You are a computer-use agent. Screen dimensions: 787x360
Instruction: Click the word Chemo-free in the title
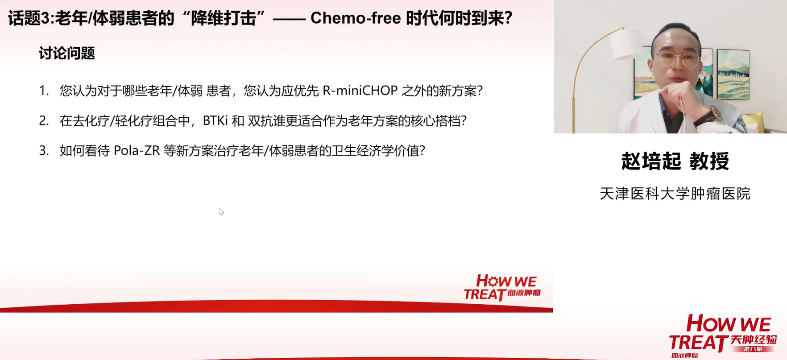tap(355, 18)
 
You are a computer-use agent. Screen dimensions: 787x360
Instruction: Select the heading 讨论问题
tap(67, 53)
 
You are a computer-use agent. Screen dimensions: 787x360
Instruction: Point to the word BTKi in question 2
tap(215, 120)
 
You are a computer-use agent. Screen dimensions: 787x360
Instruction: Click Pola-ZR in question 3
tap(137, 150)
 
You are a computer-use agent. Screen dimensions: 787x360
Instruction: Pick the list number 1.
tap(43, 91)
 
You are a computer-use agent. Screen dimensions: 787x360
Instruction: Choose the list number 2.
tap(43, 120)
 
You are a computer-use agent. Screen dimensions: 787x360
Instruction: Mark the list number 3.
tap(43, 150)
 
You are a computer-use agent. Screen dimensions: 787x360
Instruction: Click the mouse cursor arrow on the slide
tap(221, 211)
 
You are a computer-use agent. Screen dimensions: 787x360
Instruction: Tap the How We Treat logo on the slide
tap(502, 287)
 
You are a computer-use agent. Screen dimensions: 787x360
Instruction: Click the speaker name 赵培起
tap(651, 161)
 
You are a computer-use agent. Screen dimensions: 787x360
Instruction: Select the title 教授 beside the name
tap(709, 161)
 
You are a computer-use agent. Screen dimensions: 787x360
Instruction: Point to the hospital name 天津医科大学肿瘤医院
tap(675, 194)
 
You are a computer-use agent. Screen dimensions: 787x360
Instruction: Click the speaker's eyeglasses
tap(678, 59)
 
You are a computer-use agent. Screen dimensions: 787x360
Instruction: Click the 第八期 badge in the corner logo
tap(753, 349)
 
